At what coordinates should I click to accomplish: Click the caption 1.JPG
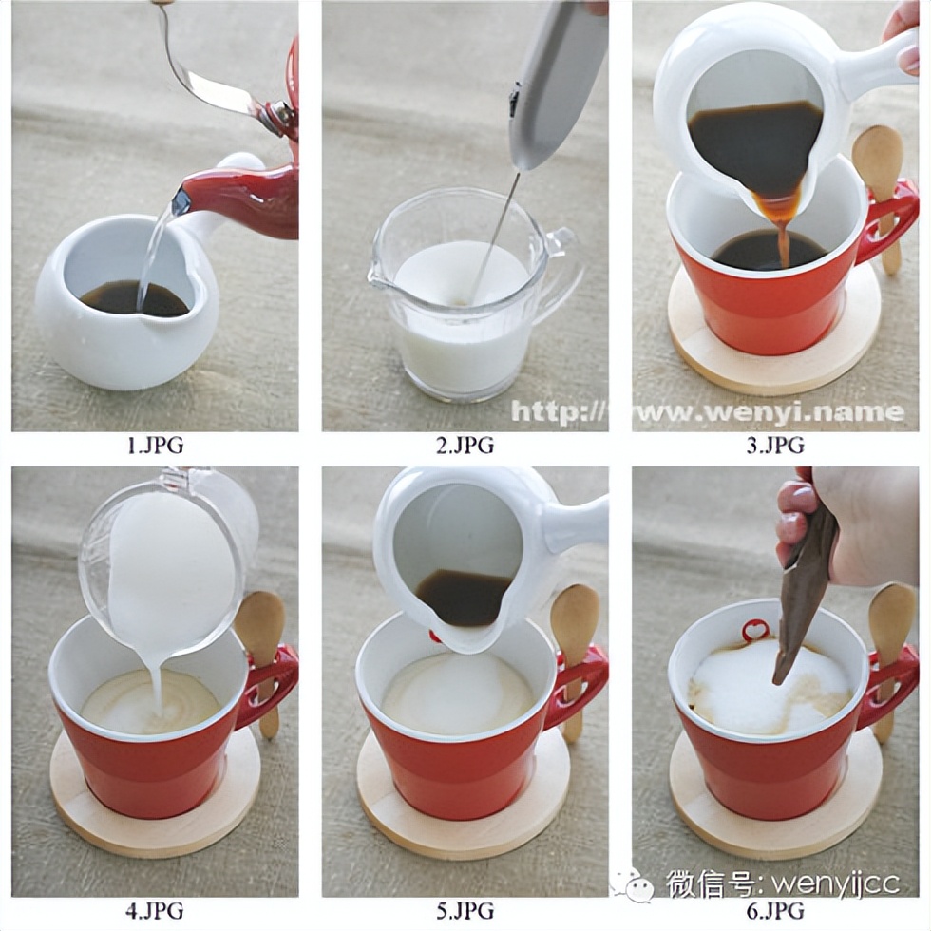[x=156, y=446]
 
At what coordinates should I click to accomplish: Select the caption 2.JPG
[x=465, y=446]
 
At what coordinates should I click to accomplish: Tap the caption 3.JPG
[x=775, y=446]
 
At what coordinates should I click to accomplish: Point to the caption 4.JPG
[x=155, y=910]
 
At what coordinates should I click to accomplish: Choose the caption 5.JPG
[x=465, y=910]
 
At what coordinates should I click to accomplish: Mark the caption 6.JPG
[x=775, y=910]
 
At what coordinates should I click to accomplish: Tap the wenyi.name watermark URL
[x=708, y=411]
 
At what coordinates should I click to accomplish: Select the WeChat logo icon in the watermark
[x=635, y=883]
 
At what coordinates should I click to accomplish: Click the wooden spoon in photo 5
[x=572, y=647]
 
